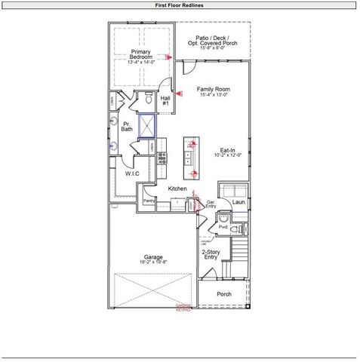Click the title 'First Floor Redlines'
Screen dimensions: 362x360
[179, 5]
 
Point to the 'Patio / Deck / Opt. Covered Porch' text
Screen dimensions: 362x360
[214, 40]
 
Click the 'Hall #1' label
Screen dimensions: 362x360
[165, 99]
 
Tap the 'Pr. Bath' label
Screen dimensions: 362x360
[126, 128]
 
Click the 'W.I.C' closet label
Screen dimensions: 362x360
[132, 173]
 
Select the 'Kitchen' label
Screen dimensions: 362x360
[177, 188]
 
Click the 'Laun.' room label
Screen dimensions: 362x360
[238, 202]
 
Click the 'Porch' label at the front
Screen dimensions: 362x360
[223, 294]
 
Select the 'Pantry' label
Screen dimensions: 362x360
[149, 201]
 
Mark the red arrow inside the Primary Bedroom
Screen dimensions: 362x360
[171, 57]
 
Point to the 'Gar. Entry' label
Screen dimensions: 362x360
[212, 204]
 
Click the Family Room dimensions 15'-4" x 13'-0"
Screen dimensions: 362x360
[214, 95]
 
